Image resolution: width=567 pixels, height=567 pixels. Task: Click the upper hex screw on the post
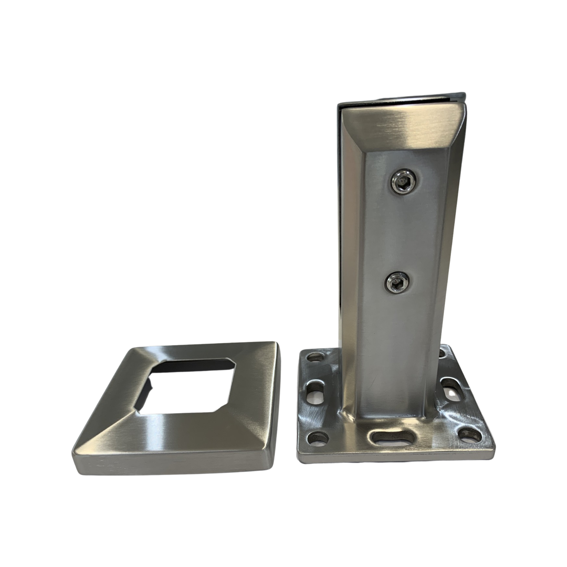click(x=403, y=182)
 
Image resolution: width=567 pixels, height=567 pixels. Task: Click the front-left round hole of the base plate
click(x=318, y=437)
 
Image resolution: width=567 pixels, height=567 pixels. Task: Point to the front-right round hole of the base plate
click(x=469, y=435)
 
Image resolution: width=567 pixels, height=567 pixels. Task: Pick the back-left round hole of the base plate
click(x=316, y=357)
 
